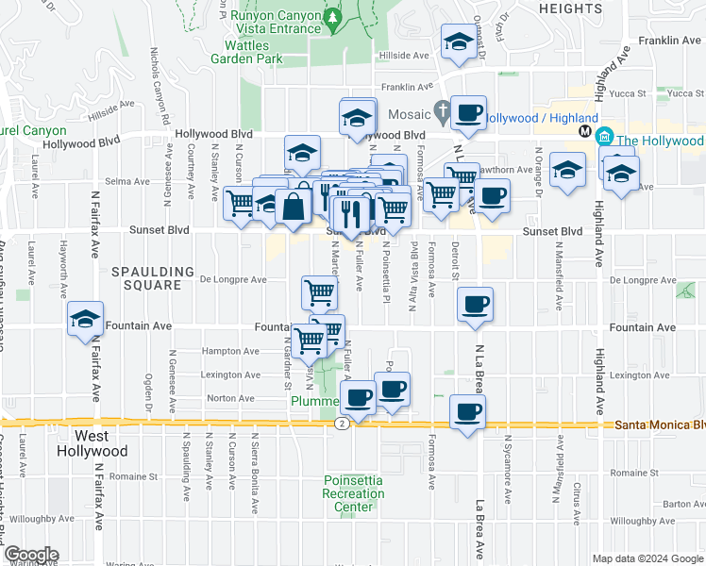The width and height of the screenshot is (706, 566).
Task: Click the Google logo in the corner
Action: pos(30,555)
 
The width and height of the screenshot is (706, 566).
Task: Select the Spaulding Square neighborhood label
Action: pos(146,277)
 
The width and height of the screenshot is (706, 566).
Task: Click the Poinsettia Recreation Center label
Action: pos(353,493)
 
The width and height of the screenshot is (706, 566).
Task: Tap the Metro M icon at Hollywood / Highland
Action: pos(585,131)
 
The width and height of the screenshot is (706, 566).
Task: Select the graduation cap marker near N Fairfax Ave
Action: pos(85,320)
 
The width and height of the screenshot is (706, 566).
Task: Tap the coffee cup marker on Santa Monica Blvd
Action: pos(469,411)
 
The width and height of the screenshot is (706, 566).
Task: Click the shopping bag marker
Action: pos(294,207)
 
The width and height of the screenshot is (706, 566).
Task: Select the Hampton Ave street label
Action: pos(230,351)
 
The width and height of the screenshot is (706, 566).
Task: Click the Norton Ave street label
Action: pos(231,398)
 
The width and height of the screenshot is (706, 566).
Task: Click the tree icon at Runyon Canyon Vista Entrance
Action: pos(332,17)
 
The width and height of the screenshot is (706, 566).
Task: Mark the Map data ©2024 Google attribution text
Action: pos(647,558)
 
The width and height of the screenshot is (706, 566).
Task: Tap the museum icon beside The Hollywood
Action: pos(605,140)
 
